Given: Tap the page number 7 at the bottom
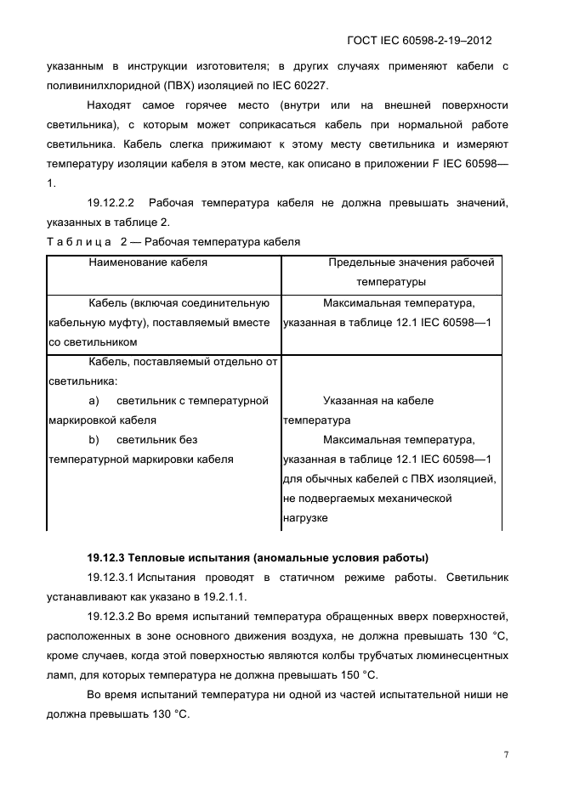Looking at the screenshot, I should [506, 753].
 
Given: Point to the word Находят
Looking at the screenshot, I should [112, 104].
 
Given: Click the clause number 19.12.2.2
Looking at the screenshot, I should [111, 203].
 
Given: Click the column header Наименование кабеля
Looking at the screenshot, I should [148, 262].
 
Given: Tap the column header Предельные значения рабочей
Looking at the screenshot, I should [411, 262].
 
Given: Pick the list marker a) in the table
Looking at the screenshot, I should [94, 401].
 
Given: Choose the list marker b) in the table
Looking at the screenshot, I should [94, 440].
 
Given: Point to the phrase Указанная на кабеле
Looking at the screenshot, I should [378, 401].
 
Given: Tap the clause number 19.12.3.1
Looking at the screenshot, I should [115, 578].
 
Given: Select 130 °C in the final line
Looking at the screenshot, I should [169, 714].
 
